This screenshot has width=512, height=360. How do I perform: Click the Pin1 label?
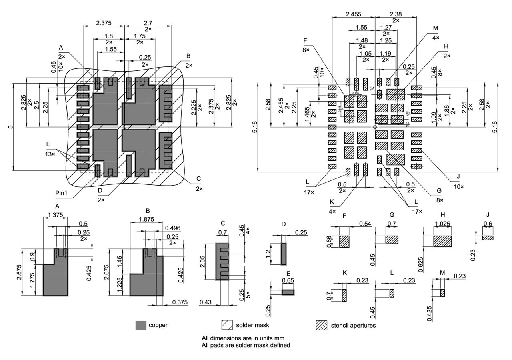62,193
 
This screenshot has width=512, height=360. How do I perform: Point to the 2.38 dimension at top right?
396,14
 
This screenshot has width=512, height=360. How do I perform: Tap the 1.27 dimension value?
386,28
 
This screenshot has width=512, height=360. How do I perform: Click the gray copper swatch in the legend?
140,325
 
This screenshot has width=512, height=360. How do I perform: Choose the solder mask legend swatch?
227,325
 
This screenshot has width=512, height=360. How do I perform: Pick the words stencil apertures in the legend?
353,325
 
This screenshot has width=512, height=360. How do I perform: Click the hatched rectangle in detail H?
442,241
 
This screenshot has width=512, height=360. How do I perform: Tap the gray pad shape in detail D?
284,254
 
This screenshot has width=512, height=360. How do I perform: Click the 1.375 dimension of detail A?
55,215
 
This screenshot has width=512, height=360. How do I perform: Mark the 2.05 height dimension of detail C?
208,262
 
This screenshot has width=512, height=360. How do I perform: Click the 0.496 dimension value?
172,228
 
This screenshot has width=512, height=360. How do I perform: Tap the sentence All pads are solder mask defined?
246,345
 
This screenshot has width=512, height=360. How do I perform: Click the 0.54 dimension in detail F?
364,223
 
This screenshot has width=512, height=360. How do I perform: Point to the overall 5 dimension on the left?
11,127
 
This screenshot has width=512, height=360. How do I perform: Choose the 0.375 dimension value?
181,302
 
